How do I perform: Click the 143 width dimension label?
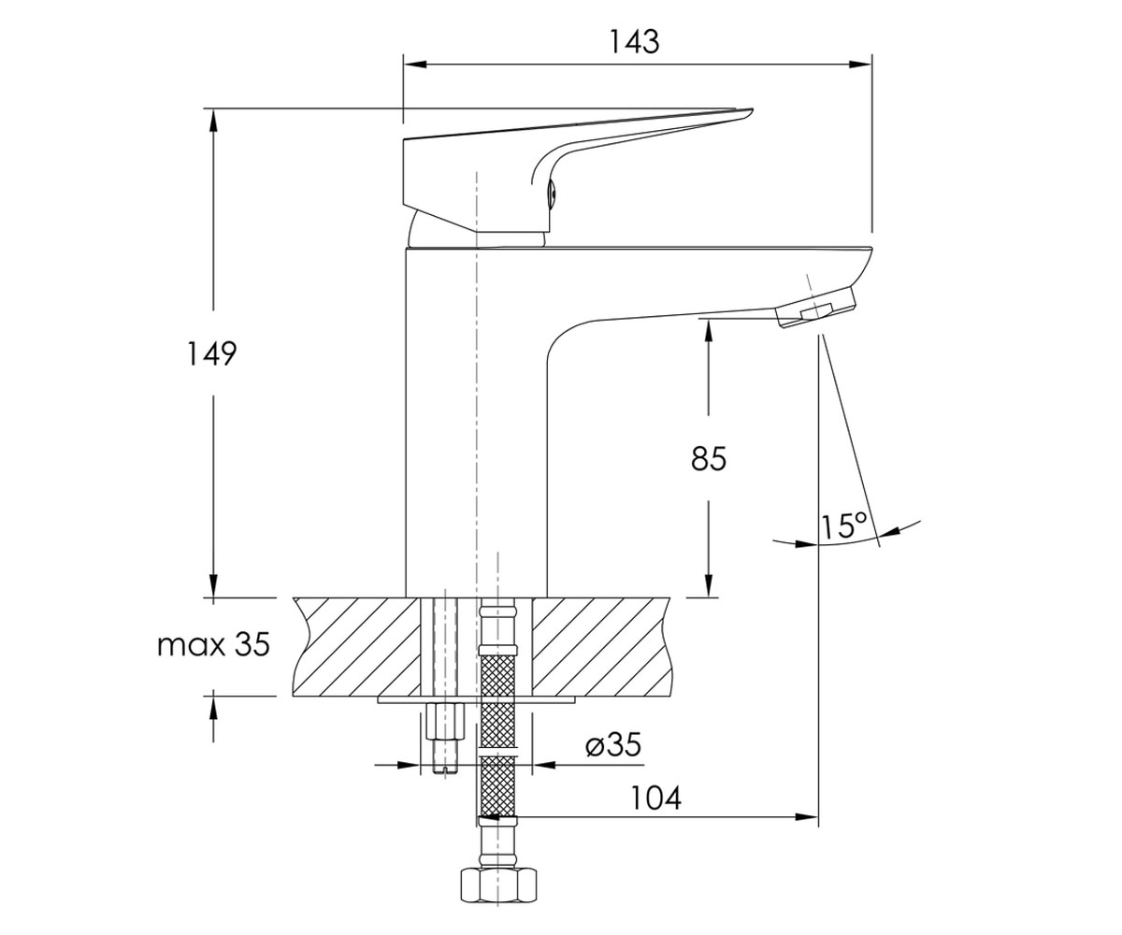[x=634, y=42]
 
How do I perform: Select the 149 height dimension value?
[x=211, y=353]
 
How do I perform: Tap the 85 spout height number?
[x=708, y=458]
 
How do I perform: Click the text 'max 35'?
[x=213, y=644]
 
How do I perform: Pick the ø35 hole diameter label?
[x=613, y=745]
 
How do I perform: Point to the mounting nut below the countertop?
[x=445, y=721]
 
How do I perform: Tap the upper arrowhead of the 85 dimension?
[x=708, y=329]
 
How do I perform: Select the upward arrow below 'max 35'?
[x=213, y=720]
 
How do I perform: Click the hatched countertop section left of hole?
[x=355, y=646]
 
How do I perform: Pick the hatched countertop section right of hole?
[x=602, y=646]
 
